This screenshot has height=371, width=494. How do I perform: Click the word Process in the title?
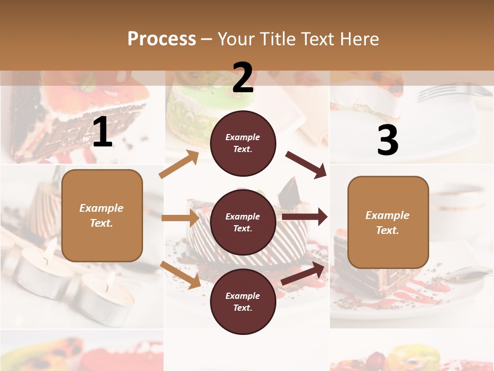(x=162, y=39)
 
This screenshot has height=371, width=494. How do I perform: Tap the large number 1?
(x=102, y=132)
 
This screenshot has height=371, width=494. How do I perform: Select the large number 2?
(x=243, y=78)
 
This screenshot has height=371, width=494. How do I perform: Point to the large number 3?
(x=387, y=140)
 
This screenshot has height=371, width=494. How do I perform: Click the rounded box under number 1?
(x=102, y=215)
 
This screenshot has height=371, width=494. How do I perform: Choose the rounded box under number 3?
(x=388, y=222)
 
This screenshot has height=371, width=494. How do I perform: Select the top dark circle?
(x=243, y=143)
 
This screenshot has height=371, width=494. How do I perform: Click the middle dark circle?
(x=243, y=222)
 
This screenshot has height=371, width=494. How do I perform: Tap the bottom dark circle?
(x=243, y=301)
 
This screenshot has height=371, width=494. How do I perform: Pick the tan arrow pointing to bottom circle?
(x=180, y=275)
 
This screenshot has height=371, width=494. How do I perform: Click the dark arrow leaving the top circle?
(x=306, y=165)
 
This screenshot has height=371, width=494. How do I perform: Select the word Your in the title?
(x=236, y=39)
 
